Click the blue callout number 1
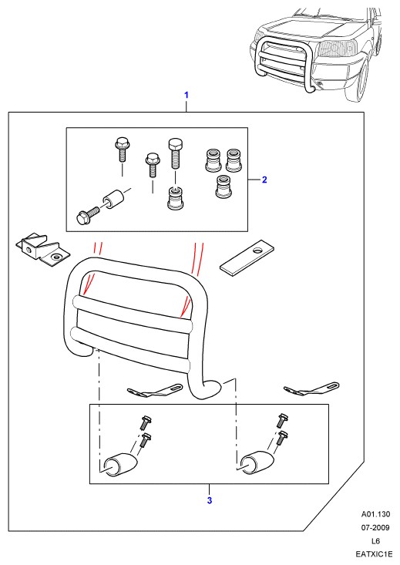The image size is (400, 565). coord(187,95)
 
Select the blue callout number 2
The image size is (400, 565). coord(264,180)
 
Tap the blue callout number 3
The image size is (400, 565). coord(210,500)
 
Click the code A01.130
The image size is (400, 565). coord(376,514)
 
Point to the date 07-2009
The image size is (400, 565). coord(376,527)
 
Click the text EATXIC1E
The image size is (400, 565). coord(374,554)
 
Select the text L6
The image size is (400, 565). coord(376,541)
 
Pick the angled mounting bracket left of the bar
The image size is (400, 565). coord(42,249)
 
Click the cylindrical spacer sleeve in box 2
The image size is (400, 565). coord(113,200)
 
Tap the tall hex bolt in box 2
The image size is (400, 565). coord(174,153)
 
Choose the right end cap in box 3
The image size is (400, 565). coord(257,462)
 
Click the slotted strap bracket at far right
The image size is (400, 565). coord(311,389)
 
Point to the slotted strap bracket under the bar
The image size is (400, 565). coord(155,392)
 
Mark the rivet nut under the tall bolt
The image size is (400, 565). coord(176,198)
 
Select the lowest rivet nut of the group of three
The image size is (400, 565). coord(224,187)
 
